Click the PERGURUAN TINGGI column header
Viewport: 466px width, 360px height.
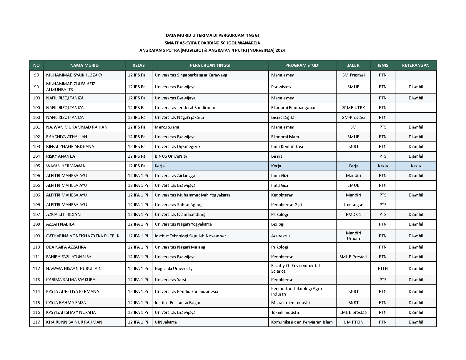[x=210, y=65]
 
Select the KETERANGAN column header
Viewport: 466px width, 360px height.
[x=415, y=65]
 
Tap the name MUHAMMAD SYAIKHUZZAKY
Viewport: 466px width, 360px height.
[x=74, y=75]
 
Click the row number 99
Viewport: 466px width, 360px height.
[x=36, y=87]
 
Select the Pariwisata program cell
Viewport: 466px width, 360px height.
[x=281, y=87]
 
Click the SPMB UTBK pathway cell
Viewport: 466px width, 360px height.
[x=353, y=108]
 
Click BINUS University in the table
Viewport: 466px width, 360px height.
[x=171, y=156]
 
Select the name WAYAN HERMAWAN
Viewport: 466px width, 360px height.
[x=66, y=166]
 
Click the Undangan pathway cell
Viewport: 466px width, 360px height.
[x=353, y=205]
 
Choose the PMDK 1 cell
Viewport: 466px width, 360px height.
[x=353, y=214]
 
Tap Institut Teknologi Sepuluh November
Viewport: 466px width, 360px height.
[x=190, y=236]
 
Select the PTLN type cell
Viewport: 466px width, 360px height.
[x=383, y=269]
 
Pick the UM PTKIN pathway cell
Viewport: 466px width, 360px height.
[x=353, y=322]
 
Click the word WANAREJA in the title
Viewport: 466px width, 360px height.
[x=249, y=43]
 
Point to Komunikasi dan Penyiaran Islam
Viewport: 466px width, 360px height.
[x=302, y=322]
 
